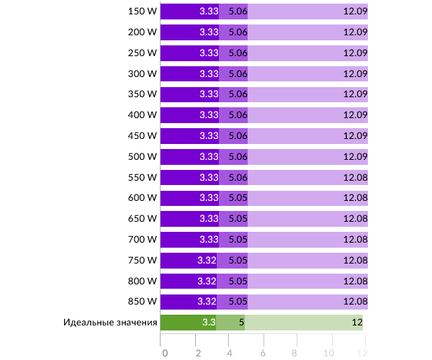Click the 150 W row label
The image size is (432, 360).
142,12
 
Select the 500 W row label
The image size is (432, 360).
142,156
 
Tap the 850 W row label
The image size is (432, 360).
142,301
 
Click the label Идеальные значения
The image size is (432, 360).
110,323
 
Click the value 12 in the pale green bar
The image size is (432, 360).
356,323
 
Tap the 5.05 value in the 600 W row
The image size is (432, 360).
238,198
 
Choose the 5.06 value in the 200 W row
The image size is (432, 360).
238,32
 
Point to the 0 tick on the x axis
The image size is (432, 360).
165,353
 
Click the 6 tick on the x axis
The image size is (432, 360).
264,353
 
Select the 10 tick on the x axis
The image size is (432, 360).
328,353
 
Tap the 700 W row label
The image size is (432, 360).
142,239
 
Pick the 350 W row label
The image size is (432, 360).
142,94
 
